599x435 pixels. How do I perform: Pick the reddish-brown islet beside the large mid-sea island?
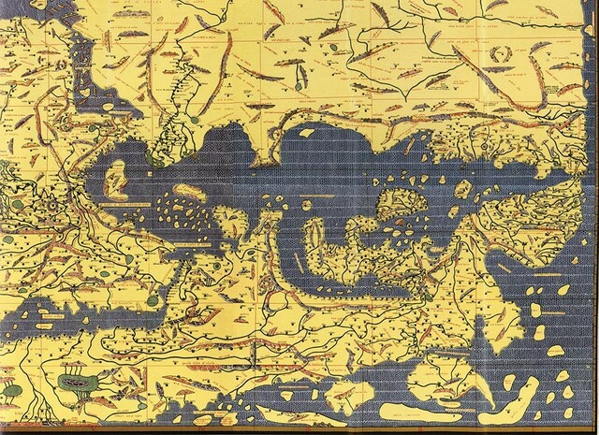(x=401, y=225)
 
